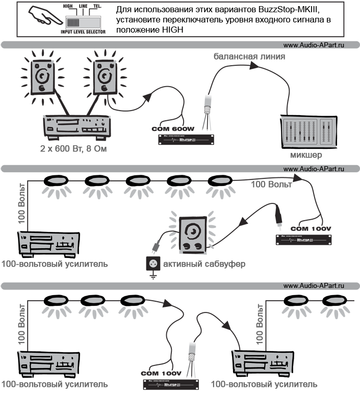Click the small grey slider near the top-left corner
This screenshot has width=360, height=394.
[x=83, y=22]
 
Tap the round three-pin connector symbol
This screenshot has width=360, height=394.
[x=152, y=264]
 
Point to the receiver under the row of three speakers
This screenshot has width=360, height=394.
[x=49, y=363]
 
